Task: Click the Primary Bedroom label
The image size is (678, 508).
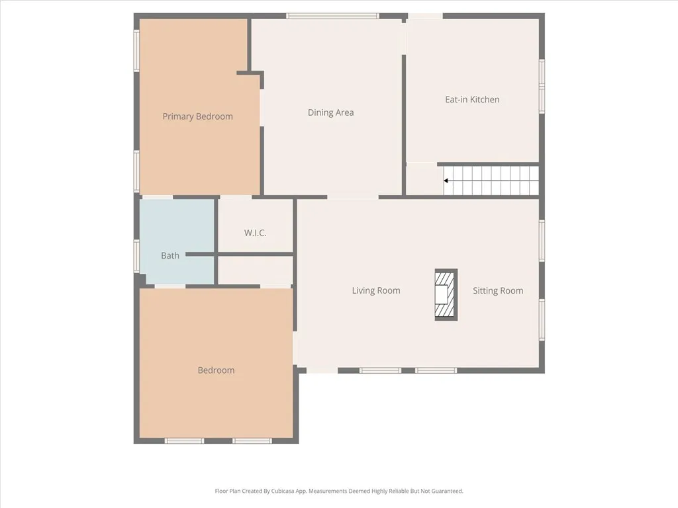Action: pos(197,116)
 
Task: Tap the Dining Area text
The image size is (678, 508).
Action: pos(330,112)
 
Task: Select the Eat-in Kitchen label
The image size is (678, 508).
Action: pos(471,99)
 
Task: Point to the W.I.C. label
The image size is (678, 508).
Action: pos(255,233)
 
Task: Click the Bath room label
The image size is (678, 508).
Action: pos(170,255)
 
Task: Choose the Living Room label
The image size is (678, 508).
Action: pos(375,290)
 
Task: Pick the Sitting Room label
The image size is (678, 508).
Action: pos(498,290)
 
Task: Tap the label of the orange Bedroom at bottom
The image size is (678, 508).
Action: pos(216,370)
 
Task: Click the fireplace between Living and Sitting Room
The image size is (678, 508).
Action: pos(446,294)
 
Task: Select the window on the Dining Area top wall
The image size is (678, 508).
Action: pos(332,16)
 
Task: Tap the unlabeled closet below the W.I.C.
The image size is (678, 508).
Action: pos(255,270)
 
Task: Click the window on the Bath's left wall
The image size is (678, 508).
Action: pos(136,255)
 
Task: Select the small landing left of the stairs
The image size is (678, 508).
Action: pos(423,179)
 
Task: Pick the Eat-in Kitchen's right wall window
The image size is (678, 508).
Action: pos(542,86)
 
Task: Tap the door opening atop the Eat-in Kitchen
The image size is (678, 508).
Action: pos(425,16)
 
